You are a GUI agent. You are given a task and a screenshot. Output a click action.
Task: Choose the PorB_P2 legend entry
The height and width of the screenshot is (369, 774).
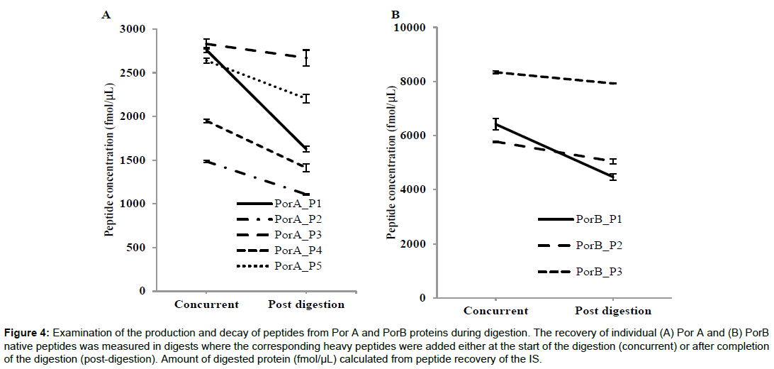[599, 245]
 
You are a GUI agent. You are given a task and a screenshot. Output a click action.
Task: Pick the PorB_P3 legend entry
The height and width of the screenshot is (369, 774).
[599, 271]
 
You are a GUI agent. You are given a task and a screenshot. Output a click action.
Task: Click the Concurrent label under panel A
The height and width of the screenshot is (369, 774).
[207, 304]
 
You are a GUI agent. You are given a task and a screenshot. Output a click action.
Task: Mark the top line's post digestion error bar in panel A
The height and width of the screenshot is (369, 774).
[306, 58]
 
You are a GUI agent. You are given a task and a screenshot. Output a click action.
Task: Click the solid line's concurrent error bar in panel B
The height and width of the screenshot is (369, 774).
[496, 123]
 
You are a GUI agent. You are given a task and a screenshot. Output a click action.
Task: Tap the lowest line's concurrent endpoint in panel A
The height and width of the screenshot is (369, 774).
[206, 162]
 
